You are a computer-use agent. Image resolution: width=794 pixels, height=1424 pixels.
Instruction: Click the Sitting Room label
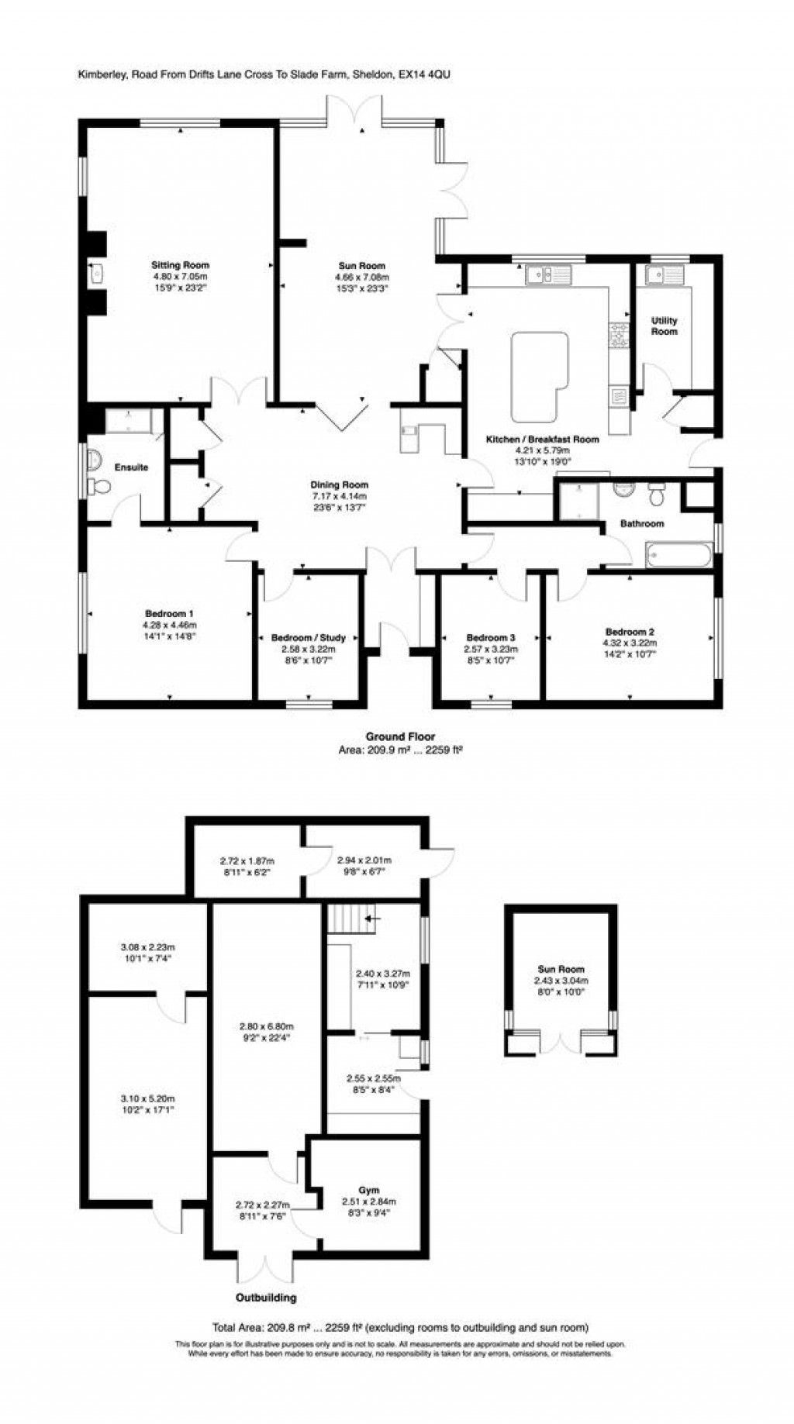(x=180, y=266)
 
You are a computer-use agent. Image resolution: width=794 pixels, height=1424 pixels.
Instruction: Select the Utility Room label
(x=665, y=326)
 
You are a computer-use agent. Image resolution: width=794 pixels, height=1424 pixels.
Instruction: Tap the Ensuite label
(x=131, y=467)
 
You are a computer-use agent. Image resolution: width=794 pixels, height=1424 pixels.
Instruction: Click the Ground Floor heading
(x=400, y=736)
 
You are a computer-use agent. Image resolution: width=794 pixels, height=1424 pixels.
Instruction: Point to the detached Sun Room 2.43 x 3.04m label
(x=561, y=980)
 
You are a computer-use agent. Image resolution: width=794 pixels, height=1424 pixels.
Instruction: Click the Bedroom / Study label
(x=309, y=638)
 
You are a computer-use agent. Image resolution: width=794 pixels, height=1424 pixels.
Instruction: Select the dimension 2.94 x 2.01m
(x=364, y=860)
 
